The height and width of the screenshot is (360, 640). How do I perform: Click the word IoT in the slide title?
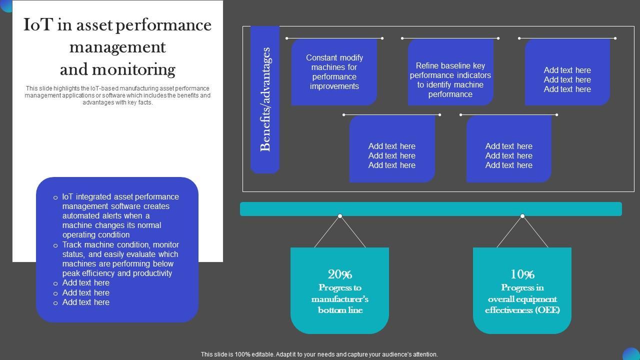click(x=37, y=25)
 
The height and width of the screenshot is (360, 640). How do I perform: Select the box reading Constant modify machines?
click(x=334, y=72)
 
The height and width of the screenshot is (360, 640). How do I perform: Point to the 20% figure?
click(x=340, y=274)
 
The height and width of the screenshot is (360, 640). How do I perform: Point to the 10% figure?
click(x=522, y=274)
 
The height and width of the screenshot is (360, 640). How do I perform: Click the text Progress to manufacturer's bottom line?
click(x=340, y=299)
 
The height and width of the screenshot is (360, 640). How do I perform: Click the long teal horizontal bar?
click(x=430, y=209)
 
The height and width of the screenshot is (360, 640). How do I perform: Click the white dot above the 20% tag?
click(x=340, y=216)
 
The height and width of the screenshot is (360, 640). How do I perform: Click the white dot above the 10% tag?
click(x=522, y=216)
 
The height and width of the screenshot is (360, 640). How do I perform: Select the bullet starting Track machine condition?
click(x=120, y=259)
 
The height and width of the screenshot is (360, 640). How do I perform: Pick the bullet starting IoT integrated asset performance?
click(x=120, y=215)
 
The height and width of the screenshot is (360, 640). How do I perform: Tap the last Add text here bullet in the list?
click(x=85, y=302)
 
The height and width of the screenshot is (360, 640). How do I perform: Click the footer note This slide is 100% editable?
click(x=319, y=354)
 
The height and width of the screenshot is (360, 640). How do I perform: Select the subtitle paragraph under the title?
click(x=117, y=95)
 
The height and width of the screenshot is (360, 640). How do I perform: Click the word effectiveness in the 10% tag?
click(x=508, y=310)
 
